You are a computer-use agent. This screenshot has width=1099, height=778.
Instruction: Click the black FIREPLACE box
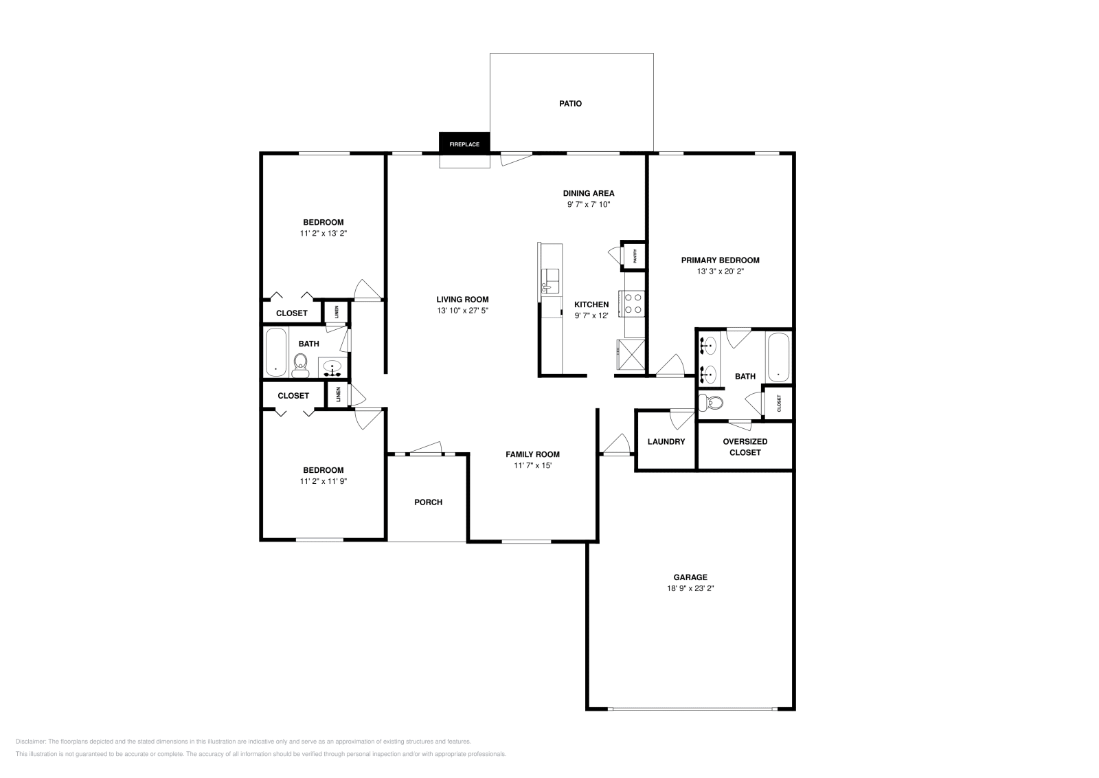[x=464, y=144]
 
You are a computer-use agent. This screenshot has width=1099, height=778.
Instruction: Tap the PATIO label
[x=570, y=104]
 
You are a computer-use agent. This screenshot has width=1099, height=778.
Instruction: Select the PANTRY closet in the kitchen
[x=634, y=256]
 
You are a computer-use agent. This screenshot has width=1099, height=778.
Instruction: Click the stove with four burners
[x=633, y=304]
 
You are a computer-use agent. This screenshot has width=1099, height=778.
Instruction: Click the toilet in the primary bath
[x=711, y=403]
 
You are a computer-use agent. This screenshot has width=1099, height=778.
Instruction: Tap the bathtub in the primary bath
[x=778, y=357]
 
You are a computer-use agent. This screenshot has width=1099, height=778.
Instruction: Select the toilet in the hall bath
[x=301, y=364]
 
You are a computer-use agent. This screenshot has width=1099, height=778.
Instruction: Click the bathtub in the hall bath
[x=276, y=352]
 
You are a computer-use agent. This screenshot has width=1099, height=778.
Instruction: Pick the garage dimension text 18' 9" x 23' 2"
[x=690, y=588]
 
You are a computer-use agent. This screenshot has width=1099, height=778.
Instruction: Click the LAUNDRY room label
[x=666, y=442]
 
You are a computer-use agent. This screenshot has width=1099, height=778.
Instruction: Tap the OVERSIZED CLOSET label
[x=745, y=447]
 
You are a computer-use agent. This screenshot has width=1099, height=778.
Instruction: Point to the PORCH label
[x=428, y=502]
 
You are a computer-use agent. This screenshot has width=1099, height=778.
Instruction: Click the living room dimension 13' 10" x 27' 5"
[x=462, y=311]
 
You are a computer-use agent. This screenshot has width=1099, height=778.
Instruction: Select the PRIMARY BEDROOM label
[x=720, y=260]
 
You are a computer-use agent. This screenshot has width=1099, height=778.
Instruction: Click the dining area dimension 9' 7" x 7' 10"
[x=589, y=205]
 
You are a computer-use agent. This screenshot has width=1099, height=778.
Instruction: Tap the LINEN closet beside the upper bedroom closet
[x=337, y=312]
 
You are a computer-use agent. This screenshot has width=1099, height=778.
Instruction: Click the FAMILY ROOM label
[x=532, y=454]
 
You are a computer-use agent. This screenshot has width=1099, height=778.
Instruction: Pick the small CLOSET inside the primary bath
[x=779, y=403]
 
